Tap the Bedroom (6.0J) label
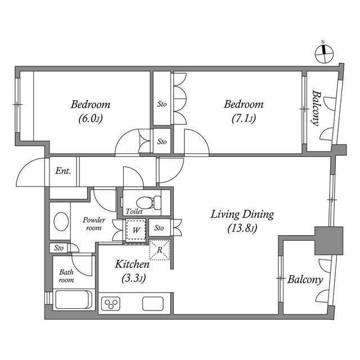90,111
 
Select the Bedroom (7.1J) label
243,111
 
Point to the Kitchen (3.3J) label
132,270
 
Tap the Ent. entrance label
63,172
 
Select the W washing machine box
136,230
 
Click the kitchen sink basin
152,304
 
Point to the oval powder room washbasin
59,222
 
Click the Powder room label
93,223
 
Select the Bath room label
66,276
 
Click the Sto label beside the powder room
59,247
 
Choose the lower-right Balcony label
305,280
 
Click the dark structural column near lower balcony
328,240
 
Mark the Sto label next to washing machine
159,228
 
